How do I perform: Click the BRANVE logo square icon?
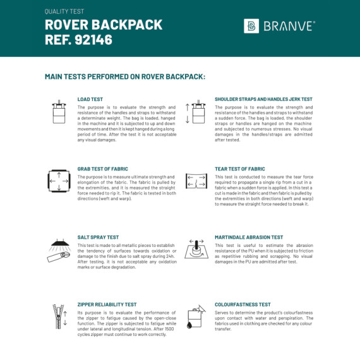coord(251,26)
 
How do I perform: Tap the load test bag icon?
coord(60,112)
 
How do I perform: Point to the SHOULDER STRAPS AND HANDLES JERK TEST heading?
coord(263,99)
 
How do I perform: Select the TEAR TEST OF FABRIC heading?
coord(240,169)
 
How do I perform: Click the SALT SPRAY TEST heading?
coord(99,237)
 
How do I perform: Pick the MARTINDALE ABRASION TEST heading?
coord(249,237)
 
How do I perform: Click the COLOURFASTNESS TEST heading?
coord(243,304)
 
